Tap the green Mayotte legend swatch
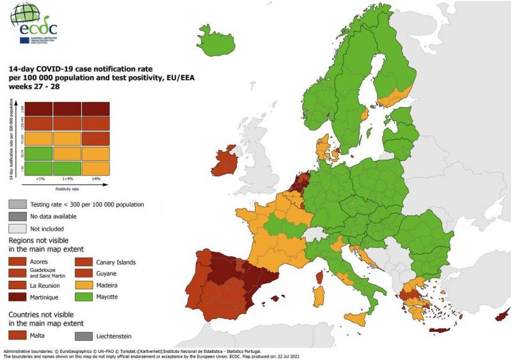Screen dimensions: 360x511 [x=85, y=297]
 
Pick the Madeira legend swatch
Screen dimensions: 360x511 [x=85, y=286]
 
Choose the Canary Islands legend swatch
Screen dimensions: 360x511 [x=85, y=262]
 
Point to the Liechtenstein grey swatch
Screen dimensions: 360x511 [x=85, y=335]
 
